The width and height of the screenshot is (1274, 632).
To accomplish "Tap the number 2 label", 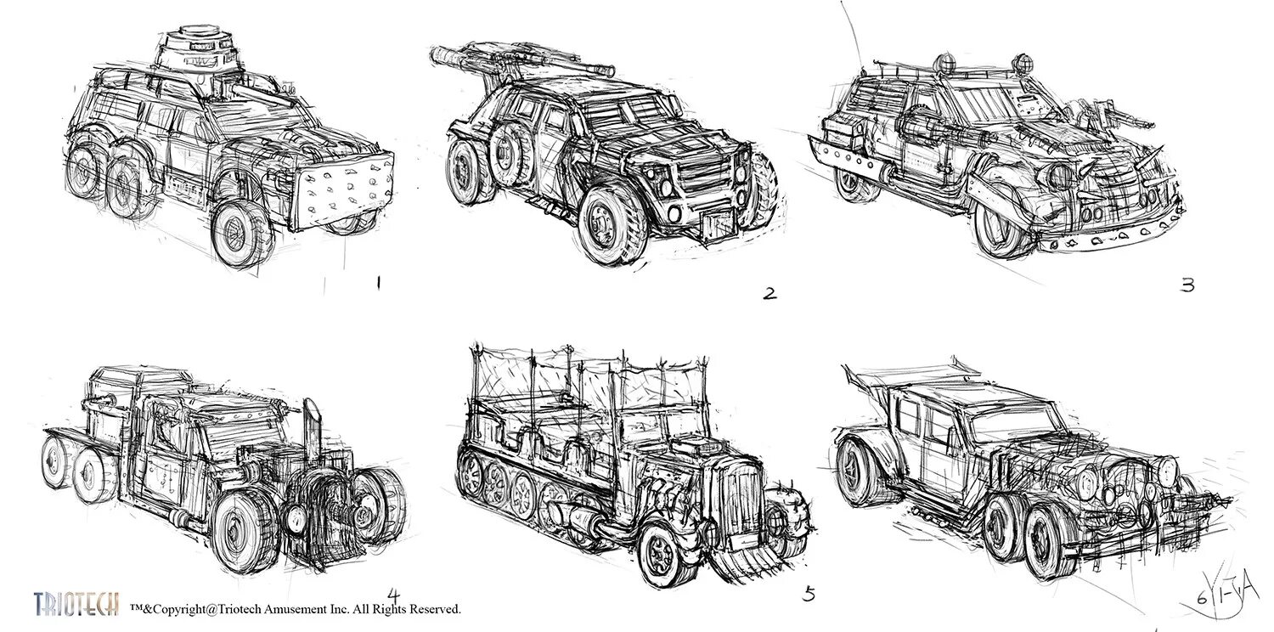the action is click(769, 294).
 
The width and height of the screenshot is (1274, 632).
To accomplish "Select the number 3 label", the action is click(1187, 285).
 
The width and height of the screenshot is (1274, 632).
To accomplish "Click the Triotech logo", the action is click(76, 604).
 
